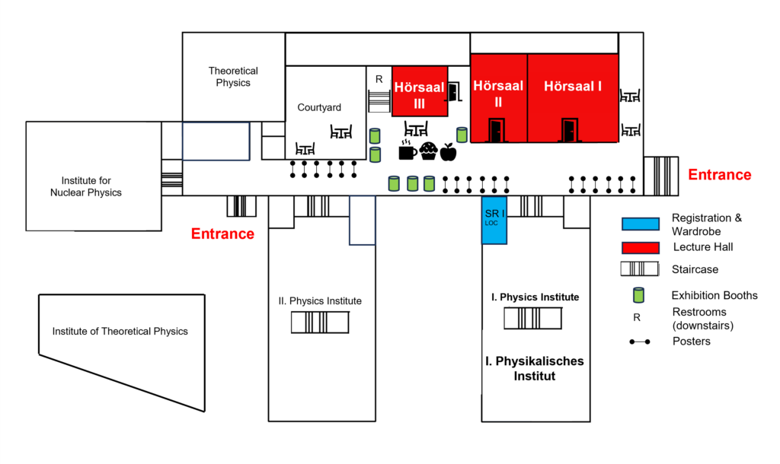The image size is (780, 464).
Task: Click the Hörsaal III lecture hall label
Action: click(x=420, y=95)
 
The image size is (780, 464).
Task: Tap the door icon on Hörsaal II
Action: click(x=496, y=130)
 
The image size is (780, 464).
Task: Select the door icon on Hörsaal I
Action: click(x=570, y=130)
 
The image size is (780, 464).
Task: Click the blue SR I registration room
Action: click(x=494, y=220)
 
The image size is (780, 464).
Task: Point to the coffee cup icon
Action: click(x=408, y=150)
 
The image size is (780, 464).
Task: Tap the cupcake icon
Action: click(x=428, y=151)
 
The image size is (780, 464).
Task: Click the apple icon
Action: click(x=448, y=152)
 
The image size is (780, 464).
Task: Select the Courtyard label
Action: click(x=319, y=107)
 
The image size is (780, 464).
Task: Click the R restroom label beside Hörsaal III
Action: click(x=379, y=79)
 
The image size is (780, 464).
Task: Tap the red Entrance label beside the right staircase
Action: click(x=719, y=175)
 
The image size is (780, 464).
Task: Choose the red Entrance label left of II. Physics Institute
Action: click(x=222, y=234)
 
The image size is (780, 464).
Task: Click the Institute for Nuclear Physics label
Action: click(x=86, y=186)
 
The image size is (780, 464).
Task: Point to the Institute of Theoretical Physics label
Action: click(x=120, y=332)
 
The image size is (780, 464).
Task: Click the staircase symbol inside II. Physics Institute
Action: click(x=320, y=322)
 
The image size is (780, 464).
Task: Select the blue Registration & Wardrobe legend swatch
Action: click(x=641, y=224)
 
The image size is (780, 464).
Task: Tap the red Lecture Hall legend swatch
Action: click(x=641, y=247)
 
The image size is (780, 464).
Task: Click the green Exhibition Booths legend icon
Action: click(x=638, y=295)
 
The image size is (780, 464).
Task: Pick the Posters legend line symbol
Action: click(x=640, y=342)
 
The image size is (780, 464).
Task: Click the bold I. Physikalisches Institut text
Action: click(x=535, y=368)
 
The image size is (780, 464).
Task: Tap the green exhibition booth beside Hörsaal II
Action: click(x=462, y=135)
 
